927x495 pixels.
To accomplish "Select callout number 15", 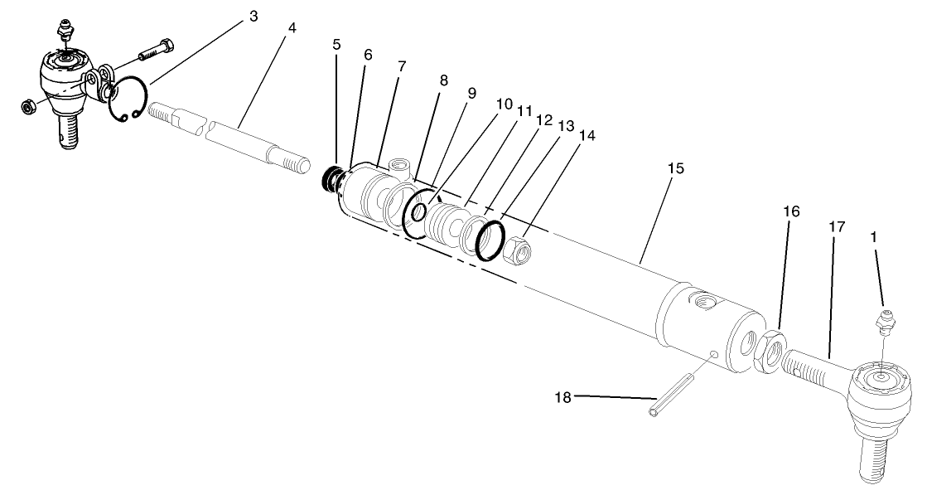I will (676, 168).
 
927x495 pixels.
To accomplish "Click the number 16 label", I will (791, 211).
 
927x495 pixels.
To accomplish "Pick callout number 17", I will (837, 226).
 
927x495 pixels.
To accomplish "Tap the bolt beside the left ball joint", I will (156, 49).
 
